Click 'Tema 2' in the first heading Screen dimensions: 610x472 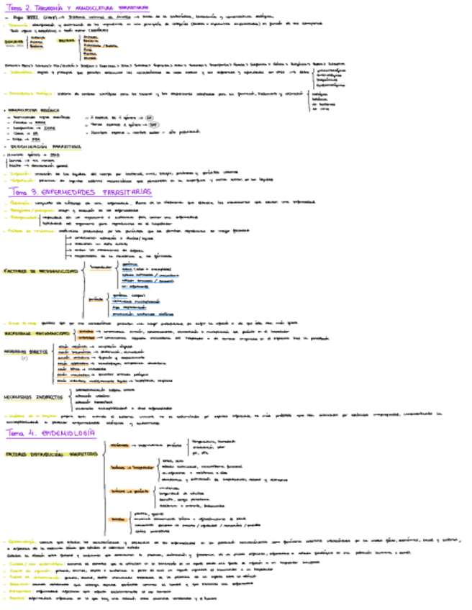17,6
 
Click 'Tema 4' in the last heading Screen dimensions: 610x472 19,432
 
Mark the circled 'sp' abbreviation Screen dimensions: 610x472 148,116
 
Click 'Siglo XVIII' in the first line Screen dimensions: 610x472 25,16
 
